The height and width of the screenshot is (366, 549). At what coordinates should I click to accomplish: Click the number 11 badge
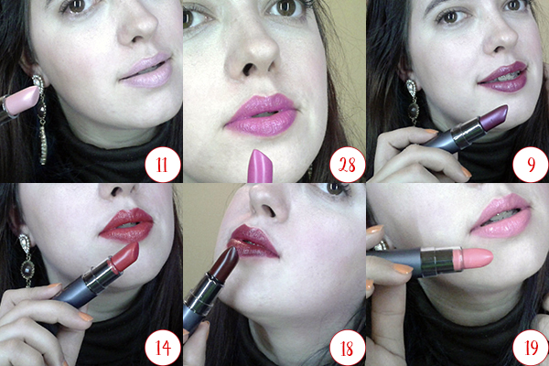(163, 165)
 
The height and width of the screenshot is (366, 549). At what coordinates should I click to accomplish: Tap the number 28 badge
(347, 165)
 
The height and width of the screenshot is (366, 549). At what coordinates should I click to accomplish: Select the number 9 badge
(531, 165)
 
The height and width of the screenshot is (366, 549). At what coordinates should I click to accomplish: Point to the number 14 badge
(163, 348)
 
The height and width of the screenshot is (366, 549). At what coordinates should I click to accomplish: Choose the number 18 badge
(347, 348)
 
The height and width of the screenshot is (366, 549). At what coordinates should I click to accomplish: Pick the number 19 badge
(531, 348)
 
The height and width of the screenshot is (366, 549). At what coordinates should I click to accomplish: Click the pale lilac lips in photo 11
(147, 70)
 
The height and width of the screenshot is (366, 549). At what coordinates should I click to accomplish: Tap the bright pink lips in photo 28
(261, 114)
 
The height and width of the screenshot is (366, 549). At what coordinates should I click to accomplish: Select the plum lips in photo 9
(503, 77)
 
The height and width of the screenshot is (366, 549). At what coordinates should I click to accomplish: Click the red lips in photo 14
(127, 225)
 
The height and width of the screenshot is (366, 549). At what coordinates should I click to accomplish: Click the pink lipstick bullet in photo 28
(260, 166)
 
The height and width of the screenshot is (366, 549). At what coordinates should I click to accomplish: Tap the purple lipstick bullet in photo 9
(490, 116)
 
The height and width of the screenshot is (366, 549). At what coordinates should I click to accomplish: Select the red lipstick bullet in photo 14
(124, 257)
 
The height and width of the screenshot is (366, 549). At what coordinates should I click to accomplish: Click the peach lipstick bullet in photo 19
(473, 257)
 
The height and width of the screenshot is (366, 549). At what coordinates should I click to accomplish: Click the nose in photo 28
(253, 51)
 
